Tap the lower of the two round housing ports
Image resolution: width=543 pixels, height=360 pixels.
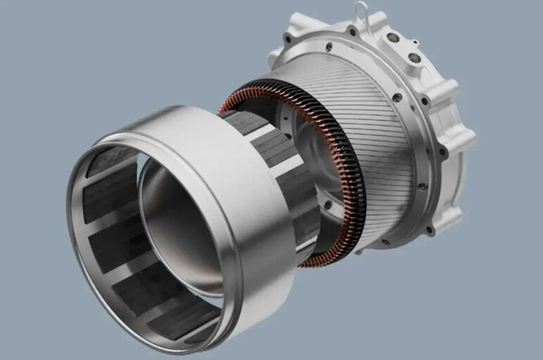click(x=414, y=58)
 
